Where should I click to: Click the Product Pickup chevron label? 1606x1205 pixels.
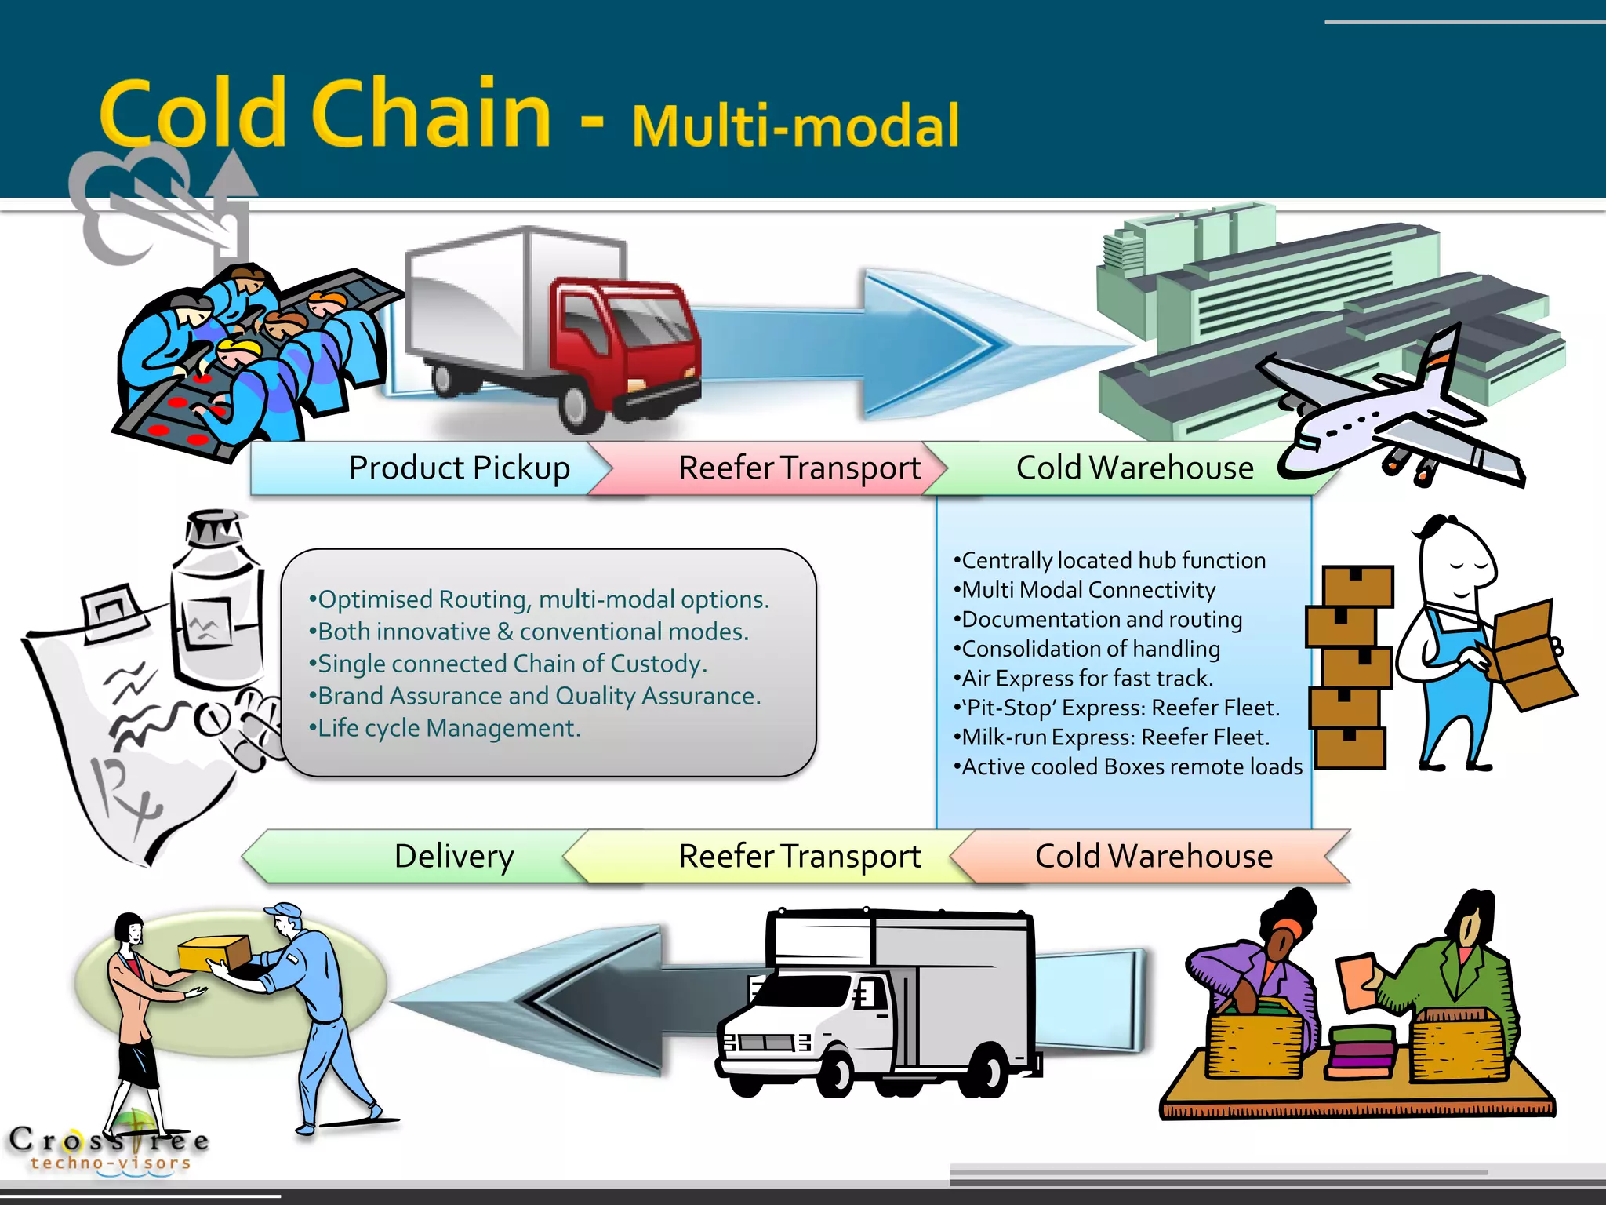(459, 468)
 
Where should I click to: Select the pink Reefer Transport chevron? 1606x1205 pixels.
(798, 468)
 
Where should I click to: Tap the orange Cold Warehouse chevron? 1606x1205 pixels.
(1153, 856)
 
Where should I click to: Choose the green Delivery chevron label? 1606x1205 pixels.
(453, 856)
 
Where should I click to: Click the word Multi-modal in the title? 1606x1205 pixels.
(795, 126)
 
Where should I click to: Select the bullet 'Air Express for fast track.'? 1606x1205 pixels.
(1086, 678)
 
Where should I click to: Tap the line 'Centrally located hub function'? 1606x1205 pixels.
(1112, 560)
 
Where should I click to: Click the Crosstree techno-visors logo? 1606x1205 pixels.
(110, 1147)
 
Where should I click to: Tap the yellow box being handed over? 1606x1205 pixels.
(213, 952)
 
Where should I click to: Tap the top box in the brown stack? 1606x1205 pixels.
(1357, 585)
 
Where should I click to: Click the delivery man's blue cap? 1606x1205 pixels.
(283, 911)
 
